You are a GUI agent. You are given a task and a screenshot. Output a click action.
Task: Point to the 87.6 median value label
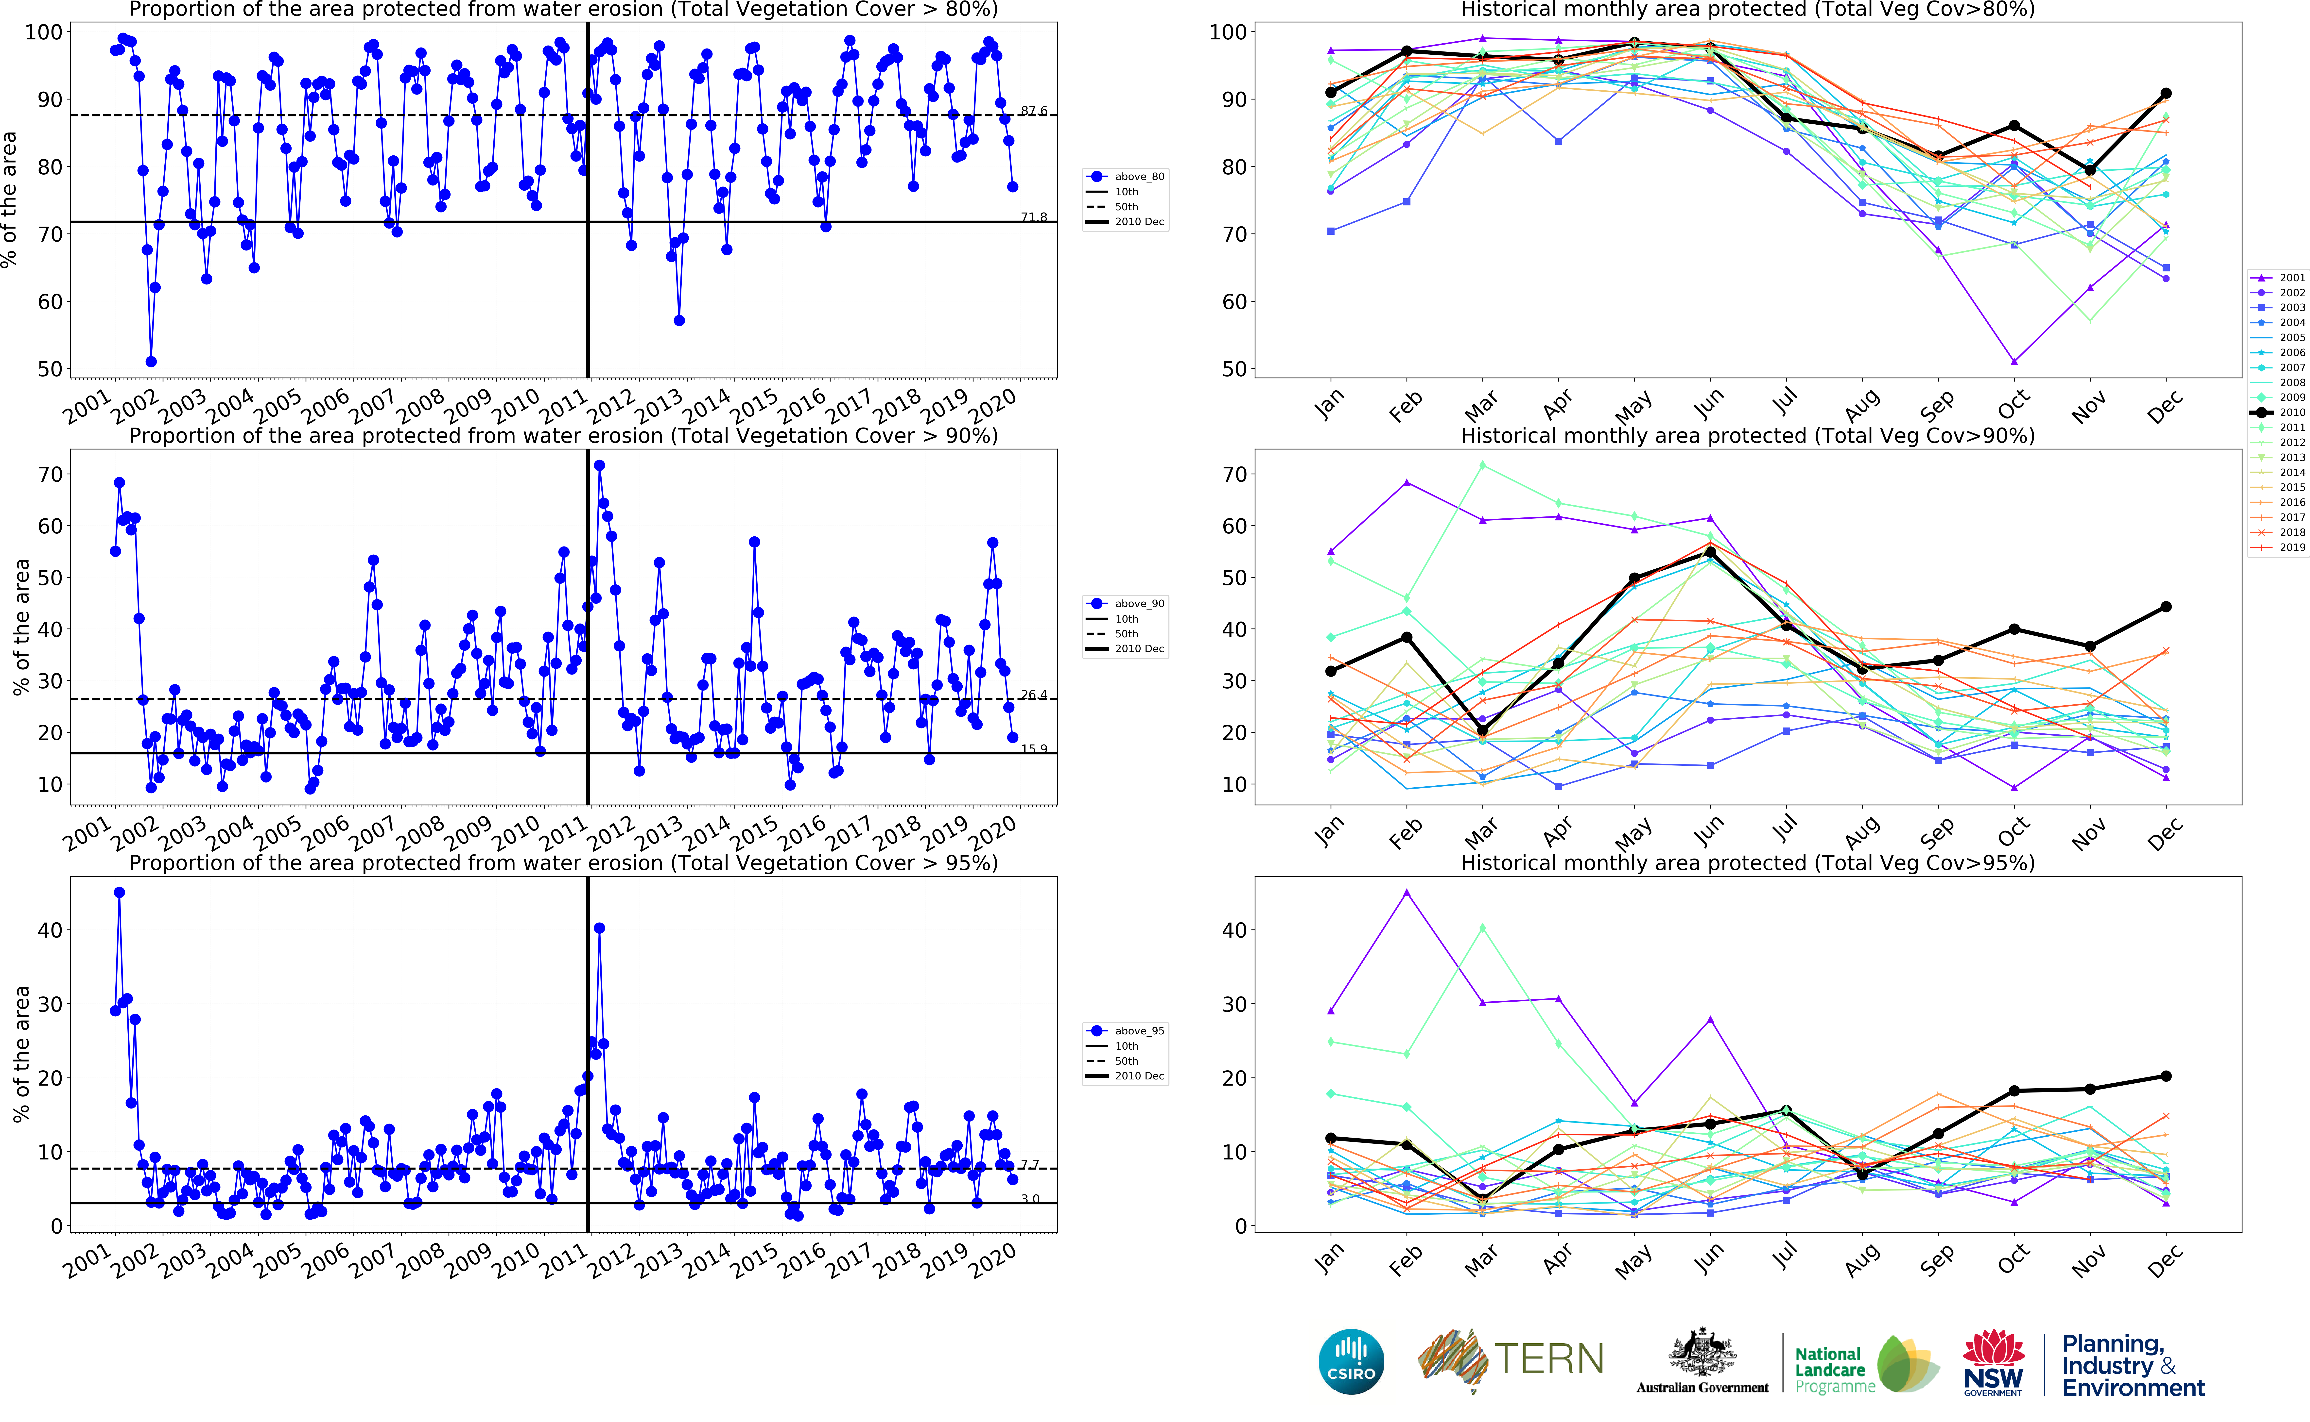pos(1033,111)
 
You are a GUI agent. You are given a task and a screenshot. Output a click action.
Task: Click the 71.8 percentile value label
pos(1033,217)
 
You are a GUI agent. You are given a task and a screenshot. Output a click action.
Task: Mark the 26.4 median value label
pos(1033,695)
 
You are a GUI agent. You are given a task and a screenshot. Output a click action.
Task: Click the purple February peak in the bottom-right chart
pos(1407,893)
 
